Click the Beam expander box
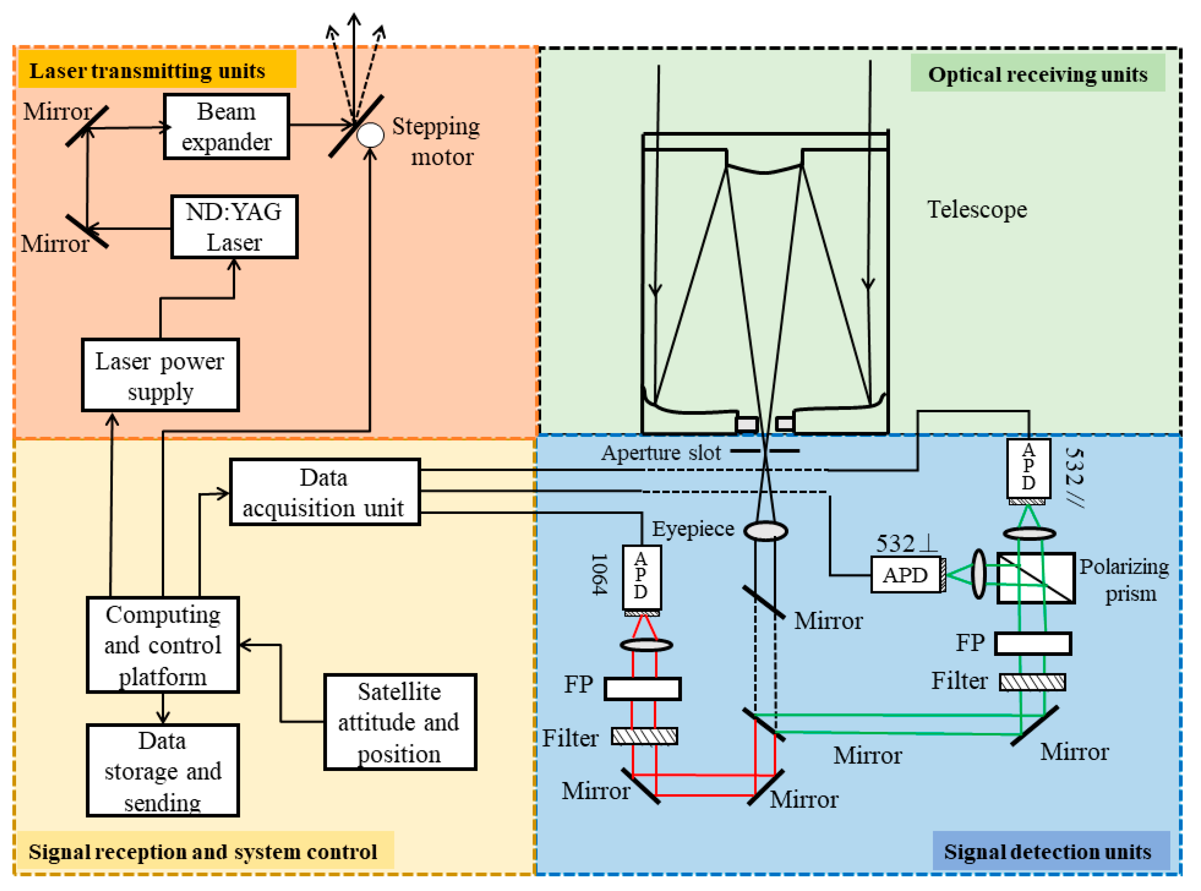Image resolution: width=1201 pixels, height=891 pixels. tap(226, 126)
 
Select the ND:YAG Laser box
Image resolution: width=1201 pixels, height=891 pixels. tap(234, 226)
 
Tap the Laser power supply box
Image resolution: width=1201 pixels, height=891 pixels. tap(160, 375)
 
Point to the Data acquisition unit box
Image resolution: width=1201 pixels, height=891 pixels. tap(325, 492)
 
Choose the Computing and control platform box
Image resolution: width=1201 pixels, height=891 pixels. tap(163, 645)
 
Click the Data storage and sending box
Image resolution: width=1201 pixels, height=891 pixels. tap(163, 770)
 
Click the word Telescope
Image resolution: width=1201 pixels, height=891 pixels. tap(977, 209)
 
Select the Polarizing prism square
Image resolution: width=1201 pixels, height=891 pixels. tap(1035, 578)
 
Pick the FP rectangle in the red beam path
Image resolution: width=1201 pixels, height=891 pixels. tap(642, 689)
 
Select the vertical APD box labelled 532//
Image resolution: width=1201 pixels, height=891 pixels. tap(1028, 468)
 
